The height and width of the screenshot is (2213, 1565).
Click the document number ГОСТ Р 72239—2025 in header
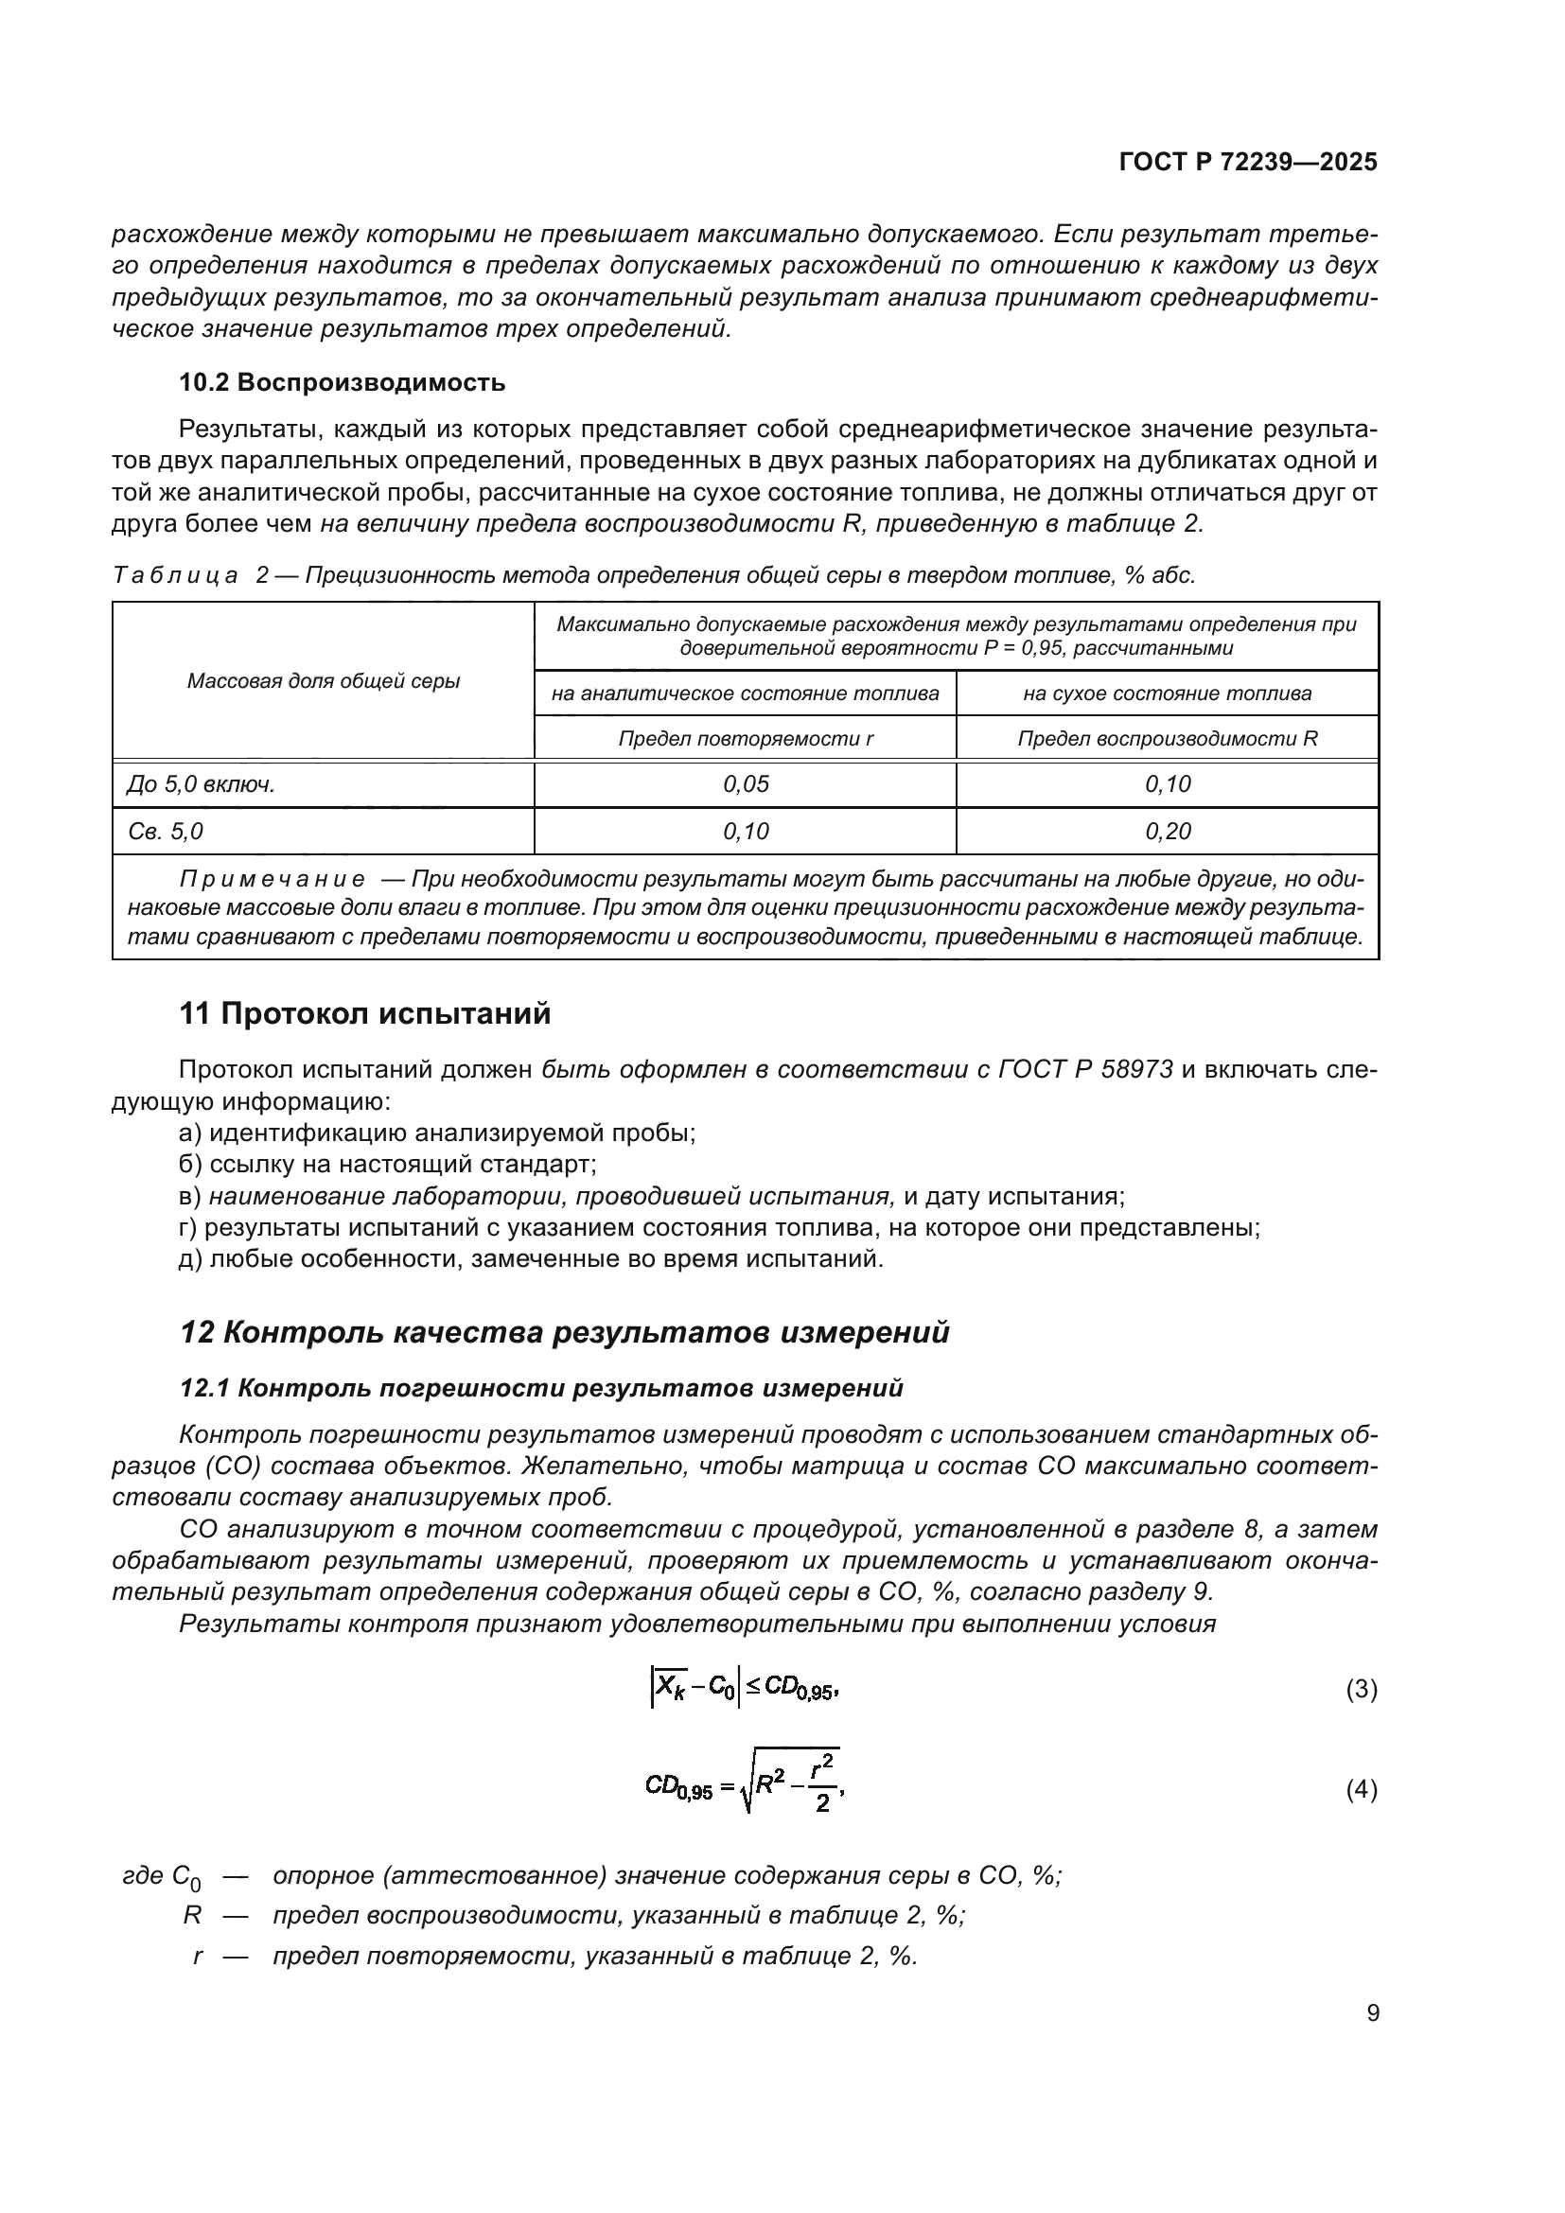1248,162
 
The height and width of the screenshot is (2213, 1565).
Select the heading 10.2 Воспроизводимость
343,382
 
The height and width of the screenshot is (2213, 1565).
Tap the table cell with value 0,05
745,784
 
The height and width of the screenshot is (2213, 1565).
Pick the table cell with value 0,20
1167,831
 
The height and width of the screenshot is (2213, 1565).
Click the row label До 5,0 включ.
201,784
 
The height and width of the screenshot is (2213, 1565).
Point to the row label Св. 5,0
165,831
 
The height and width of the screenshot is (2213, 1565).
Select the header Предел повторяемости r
745,739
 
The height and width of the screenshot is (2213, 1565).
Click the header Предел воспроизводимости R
1167,739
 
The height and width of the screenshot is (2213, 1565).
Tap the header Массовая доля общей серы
323,681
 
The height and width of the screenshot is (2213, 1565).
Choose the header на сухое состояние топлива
1167,693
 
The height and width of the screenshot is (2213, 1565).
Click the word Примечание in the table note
272,879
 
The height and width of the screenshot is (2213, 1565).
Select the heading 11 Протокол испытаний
365,1014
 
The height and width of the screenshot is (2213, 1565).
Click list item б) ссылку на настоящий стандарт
387,1165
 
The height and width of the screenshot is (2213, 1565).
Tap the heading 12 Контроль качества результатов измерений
565,1333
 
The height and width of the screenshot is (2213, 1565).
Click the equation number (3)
1361,1689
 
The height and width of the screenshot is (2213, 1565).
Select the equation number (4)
1361,1790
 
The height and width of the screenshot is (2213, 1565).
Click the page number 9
1372,2013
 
